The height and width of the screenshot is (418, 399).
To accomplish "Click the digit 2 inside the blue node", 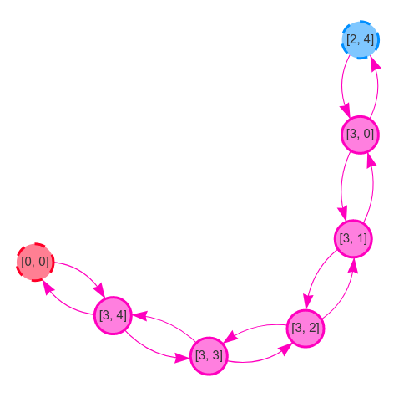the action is [x=354, y=39].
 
